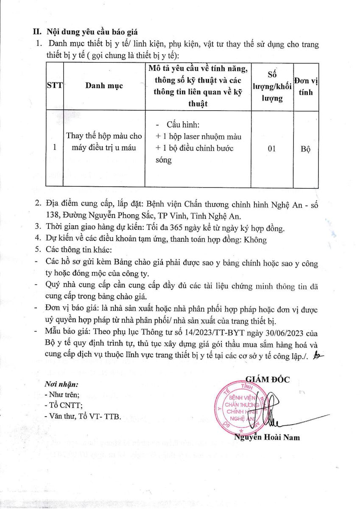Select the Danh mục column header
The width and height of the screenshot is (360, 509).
coord(104,85)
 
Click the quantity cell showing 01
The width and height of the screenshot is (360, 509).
coord(272,148)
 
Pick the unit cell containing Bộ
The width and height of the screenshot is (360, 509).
coord(305,149)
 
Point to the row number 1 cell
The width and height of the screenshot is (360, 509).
coord(54,148)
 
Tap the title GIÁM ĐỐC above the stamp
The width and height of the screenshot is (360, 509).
coord(268,379)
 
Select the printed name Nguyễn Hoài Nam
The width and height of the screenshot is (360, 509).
coord(267,437)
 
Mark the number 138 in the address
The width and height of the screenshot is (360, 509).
coord(53,215)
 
